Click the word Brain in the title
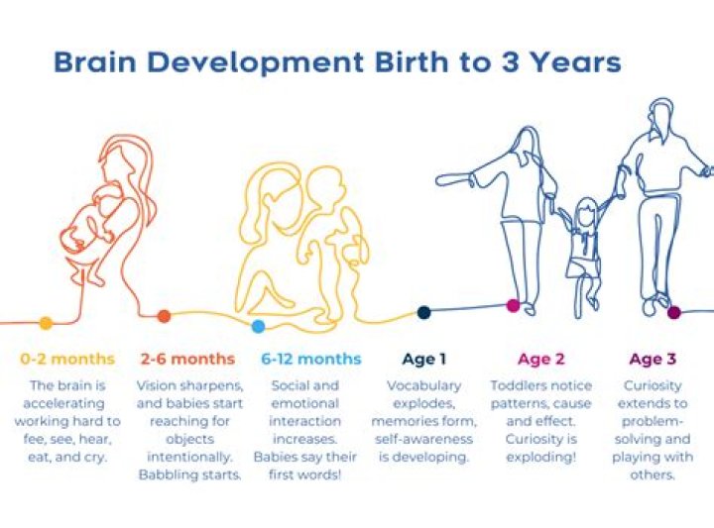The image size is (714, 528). pyautogui.click(x=92, y=62)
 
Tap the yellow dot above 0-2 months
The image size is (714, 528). pyautogui.click(x=46, y=322)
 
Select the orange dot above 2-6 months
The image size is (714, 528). pyautogui.click(x=164, y=316)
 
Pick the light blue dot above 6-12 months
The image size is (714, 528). pyautogui.click(x=258, y=326)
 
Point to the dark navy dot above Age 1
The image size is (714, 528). pyautogui.click(x=424, y=312)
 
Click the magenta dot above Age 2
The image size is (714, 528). pyautogui.click(x=513, y=306)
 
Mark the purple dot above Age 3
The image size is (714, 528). pyautogui.click(x=674, y=312)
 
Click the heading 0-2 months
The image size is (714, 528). pyautogui.click(x=67, y=359)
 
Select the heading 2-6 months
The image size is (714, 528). pyautogui.click(x=187, y=359)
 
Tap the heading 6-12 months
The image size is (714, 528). pyautogui.click(x=311, y=359)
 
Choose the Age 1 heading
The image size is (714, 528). pyautogui.click(x=424, y=359)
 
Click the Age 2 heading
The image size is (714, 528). pyautogui.click(x=541, y=359)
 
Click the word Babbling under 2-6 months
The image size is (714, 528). pyautogui.click(x=168, y=475)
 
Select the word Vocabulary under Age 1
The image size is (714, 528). pyautogui.click(x=424, y=385)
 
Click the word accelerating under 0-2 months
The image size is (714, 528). pyautogui.click(x=67, y=403)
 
